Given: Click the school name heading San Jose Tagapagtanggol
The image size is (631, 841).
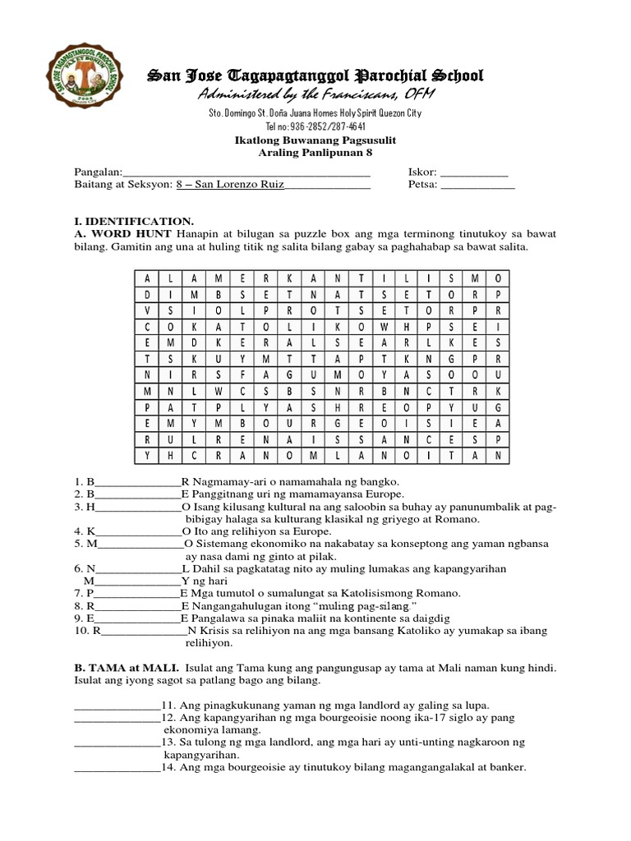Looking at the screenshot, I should (x=315, y=76).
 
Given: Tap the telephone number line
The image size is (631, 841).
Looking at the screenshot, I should (x=315, y=126).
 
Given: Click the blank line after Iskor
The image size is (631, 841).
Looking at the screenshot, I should (x=474, y=173).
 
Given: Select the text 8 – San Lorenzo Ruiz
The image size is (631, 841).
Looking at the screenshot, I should (x=229, y=186).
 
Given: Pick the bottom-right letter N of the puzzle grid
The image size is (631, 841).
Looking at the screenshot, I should (x=497, y=454).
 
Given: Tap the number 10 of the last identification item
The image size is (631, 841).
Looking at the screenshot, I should (x=80, y=631).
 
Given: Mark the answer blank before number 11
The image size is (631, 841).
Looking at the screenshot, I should (x=117, y=705).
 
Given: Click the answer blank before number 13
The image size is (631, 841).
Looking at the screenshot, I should (x=117, y=742).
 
